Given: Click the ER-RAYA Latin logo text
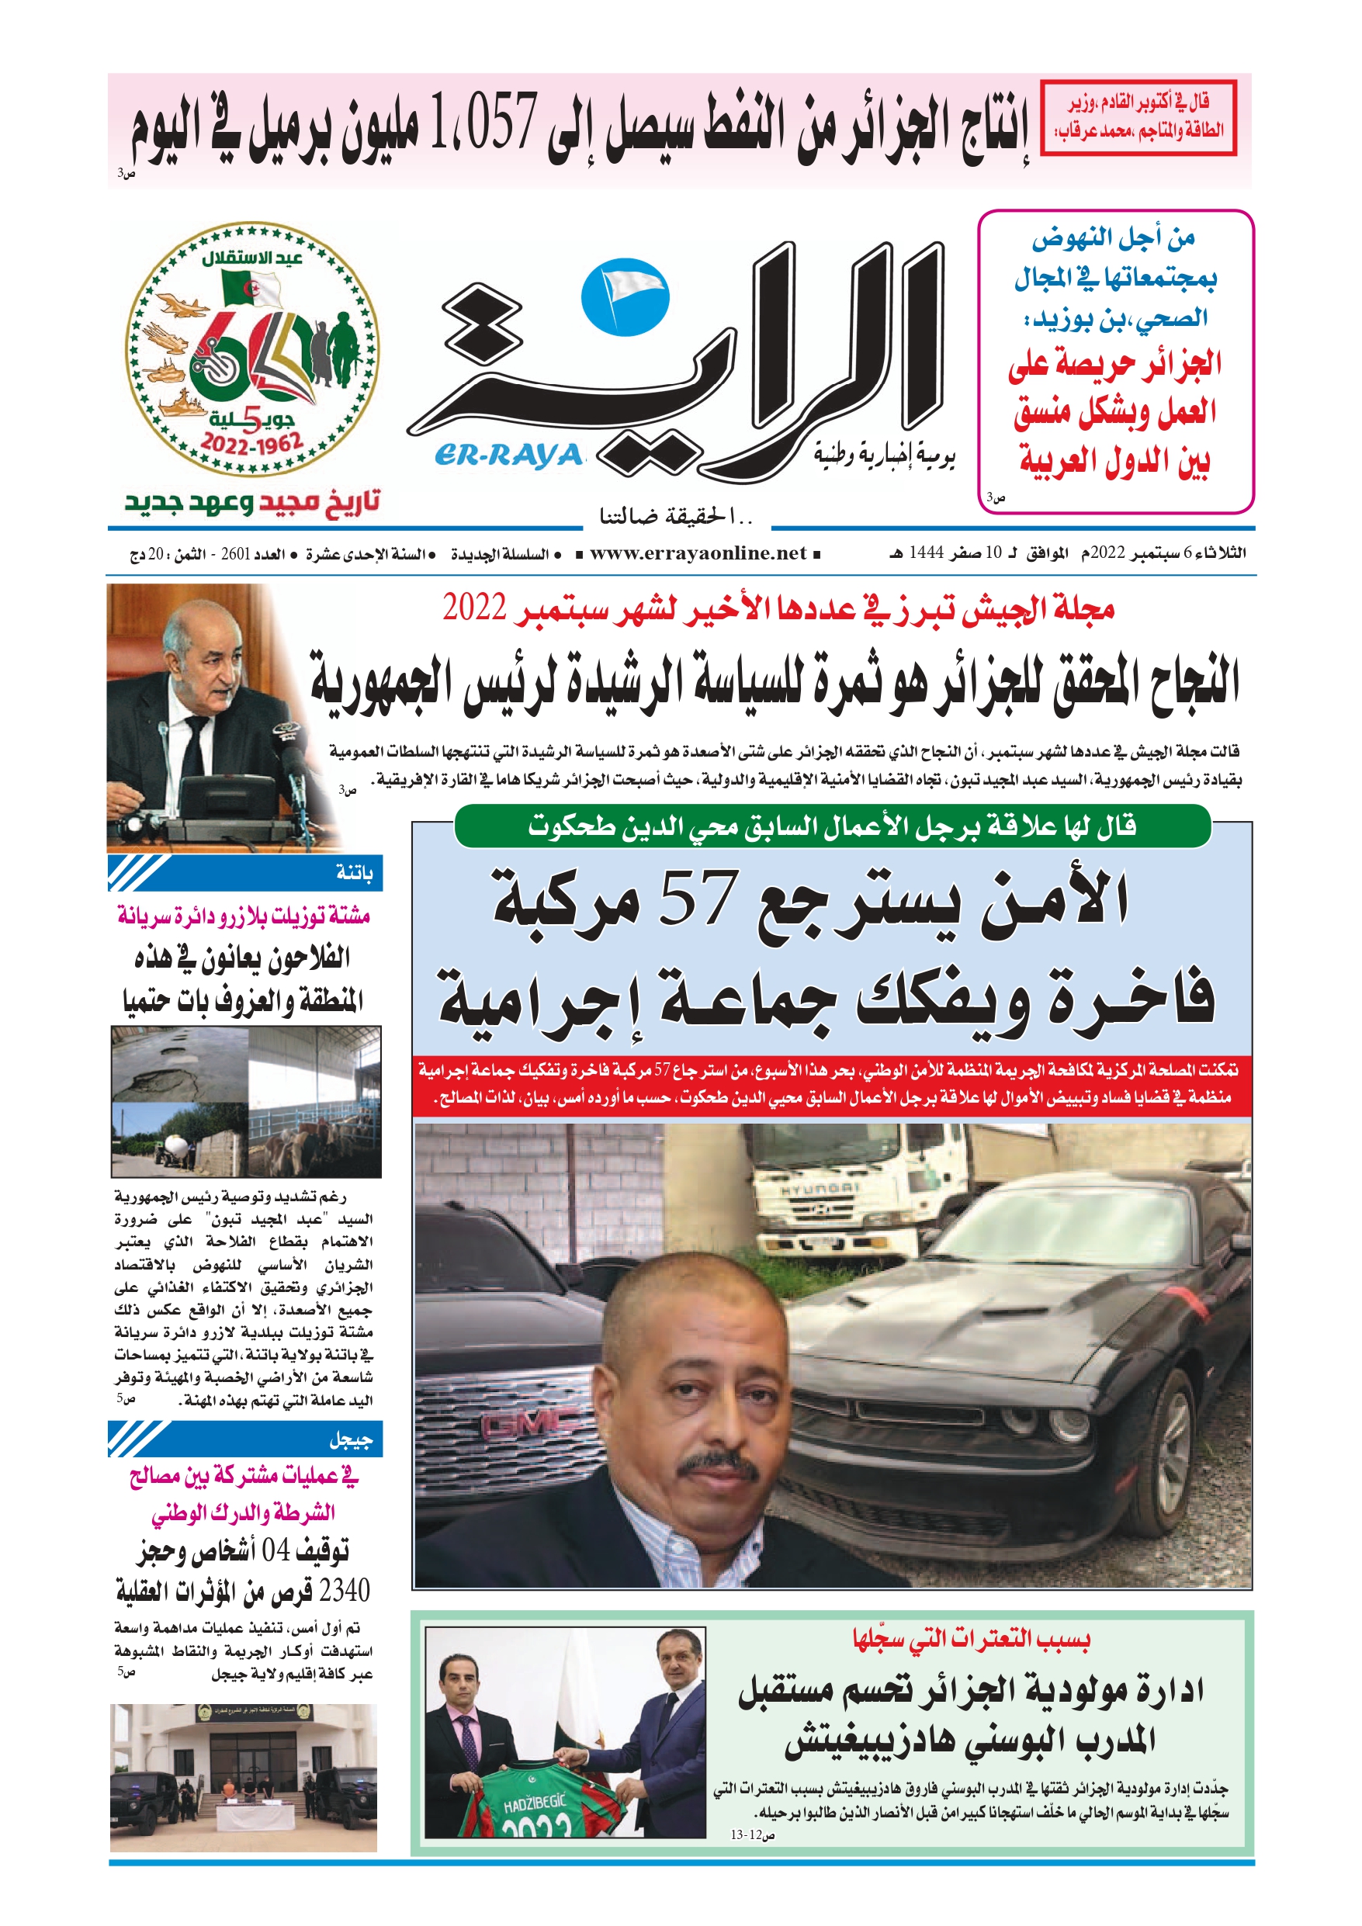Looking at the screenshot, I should pos(508,456).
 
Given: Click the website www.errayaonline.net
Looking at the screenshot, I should pos(698,553).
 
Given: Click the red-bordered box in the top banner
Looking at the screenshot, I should pos(1138,117).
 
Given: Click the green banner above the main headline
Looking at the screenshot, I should pos(832,826).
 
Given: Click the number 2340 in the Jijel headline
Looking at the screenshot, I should pos(344,1591).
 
